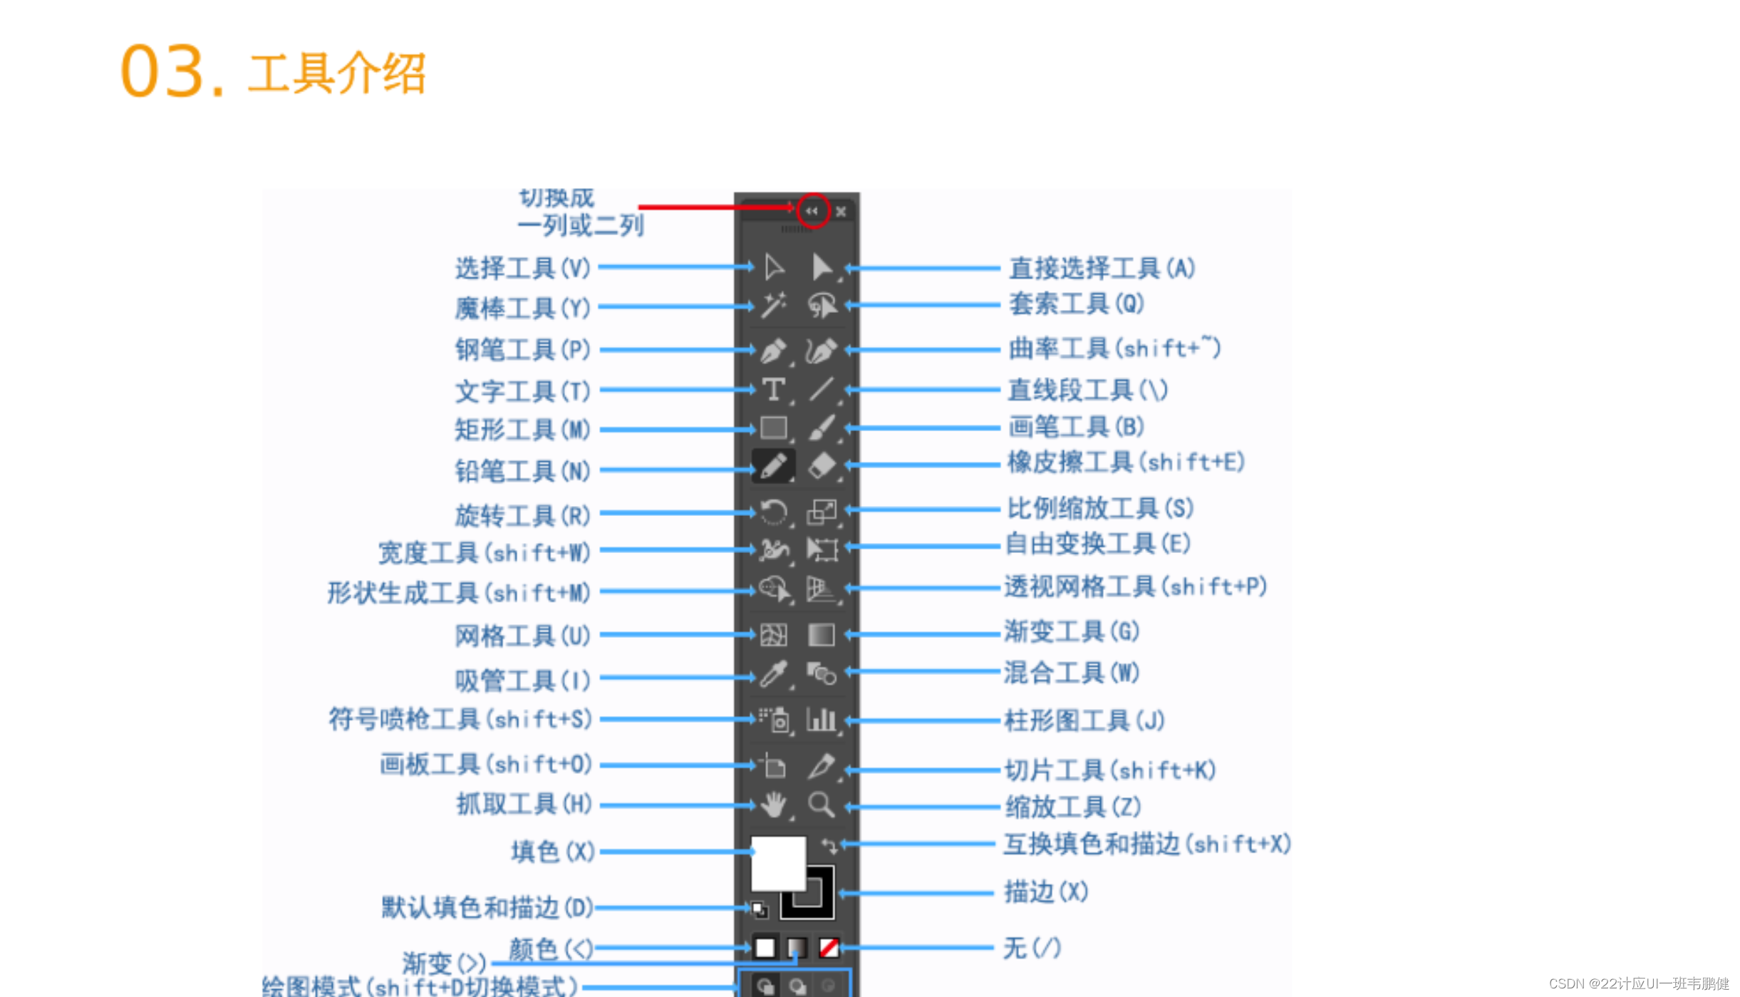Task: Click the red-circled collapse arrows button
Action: click(x=812, y=211)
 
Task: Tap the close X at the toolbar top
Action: click(x=841, y=212)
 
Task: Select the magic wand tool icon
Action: click(x=773, y=305)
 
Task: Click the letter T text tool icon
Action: click(x=773, y=389)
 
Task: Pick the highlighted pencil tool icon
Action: click(x=773, y=466)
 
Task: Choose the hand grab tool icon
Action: click(x=773, y=805)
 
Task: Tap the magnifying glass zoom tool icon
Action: click(x=821, y=805)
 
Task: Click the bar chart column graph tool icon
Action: click(x=821, y=720)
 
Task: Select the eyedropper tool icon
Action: click(x=773, y=673)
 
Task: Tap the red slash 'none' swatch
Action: click(x=828, y=947)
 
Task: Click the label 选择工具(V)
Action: click(x=523, y=268)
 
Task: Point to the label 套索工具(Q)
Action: click(x=1076, y=304)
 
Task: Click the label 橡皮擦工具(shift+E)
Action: click(x=1126, y=463)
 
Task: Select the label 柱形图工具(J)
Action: click(x=1084, y=720)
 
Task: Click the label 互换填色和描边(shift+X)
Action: click(x=1147, y=844)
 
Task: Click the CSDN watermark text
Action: click(x=1638, y=983)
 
